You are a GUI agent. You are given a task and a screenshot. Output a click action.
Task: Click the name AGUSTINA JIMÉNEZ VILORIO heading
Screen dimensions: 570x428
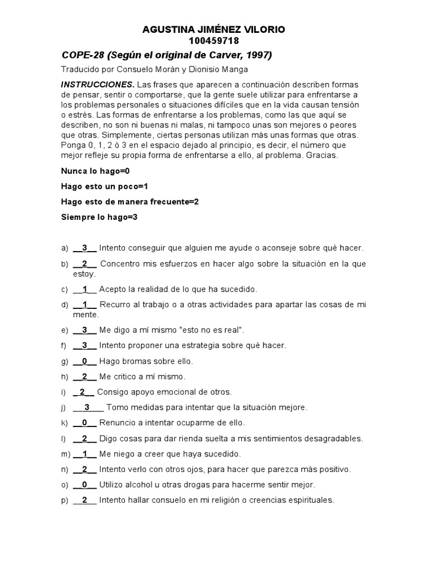point(214,30)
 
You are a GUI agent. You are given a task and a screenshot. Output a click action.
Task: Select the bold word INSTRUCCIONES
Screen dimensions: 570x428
point(97,85)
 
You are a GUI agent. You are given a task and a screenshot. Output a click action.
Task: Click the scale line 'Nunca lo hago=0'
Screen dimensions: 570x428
point(95,171)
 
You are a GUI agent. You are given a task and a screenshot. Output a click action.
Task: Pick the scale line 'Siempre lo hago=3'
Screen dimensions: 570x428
point(99,217)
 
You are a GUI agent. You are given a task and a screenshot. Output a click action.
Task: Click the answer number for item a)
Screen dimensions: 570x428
point(85,248)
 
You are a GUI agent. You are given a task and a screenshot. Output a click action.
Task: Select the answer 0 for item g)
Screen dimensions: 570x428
point(85,361)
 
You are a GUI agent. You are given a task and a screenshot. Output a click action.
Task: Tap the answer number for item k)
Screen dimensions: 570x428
point(85,422)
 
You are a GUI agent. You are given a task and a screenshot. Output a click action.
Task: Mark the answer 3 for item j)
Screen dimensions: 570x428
point(87,407)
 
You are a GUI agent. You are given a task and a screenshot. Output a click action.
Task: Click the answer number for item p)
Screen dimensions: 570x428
point(85,500)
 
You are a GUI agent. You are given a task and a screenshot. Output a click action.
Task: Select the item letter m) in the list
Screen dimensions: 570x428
point(65,454)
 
